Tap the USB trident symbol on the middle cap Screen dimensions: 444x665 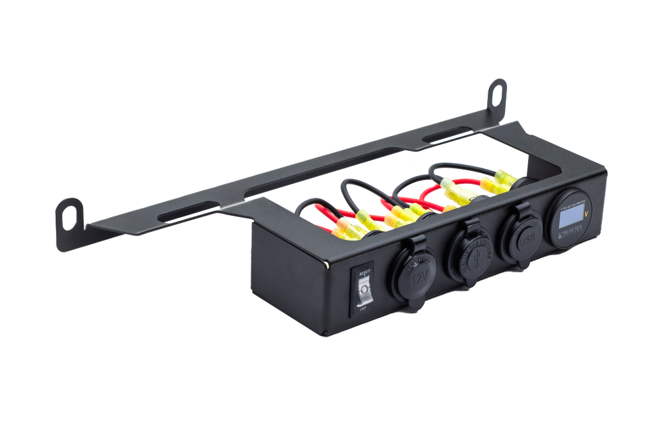tap(475, 253)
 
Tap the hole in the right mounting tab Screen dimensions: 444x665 tap(498, 92)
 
